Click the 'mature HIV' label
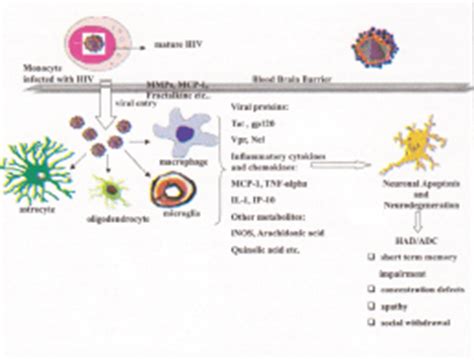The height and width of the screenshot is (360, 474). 176,45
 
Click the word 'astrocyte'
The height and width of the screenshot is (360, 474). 31,209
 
